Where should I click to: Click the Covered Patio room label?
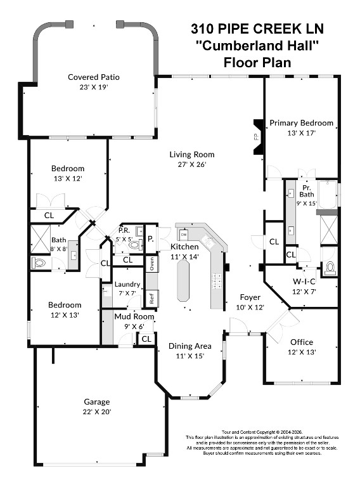pos(94,77)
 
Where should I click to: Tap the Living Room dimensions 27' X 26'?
pos(191,164)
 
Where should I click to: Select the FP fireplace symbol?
pos(256,136)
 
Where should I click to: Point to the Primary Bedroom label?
pos(301,123)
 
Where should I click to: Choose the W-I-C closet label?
pos(305,280)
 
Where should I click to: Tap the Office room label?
pos(302,342)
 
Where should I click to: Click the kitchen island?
pos(184,281)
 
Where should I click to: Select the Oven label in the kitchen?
pos(151,263)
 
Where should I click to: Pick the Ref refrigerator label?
pos(151,297)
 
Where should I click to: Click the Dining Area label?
pos(190,346)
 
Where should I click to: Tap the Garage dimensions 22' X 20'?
pos(97,412)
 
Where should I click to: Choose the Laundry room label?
pos(127,284)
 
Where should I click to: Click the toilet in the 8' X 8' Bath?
pos(39,261)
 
